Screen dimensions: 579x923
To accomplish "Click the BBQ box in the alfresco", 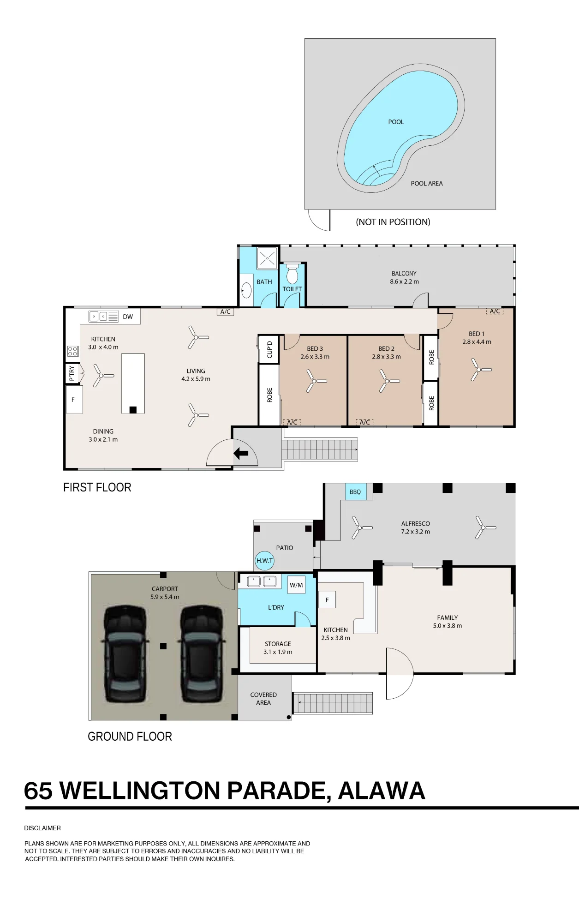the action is point(356,491).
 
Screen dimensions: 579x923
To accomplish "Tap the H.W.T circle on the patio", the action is point(264,561).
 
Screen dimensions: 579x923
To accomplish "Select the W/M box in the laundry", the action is point(296,585).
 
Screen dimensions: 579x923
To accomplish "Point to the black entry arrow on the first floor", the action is point(241,453).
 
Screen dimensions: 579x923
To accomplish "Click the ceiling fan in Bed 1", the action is point(480,370).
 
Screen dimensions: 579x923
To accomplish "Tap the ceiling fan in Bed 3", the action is point(316,381).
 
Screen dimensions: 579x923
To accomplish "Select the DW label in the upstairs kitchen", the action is point(128,317).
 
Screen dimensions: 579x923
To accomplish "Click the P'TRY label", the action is point(72,373).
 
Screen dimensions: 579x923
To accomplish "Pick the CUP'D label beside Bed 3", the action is point(269,350).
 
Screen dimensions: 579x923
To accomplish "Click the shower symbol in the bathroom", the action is point(267,258).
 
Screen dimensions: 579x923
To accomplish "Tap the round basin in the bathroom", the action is point(246,291).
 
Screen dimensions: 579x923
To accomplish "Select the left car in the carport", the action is point(125,653).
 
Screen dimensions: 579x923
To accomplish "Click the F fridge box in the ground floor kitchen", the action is point(327,600).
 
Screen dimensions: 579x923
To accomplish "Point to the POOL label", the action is point(396,122).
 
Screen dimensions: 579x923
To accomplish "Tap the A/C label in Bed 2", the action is point(364,422).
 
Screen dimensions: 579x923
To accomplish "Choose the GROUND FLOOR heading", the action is point(130,737).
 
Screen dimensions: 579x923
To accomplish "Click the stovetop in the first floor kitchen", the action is point(73,351).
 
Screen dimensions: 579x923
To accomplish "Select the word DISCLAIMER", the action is point(42,828).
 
